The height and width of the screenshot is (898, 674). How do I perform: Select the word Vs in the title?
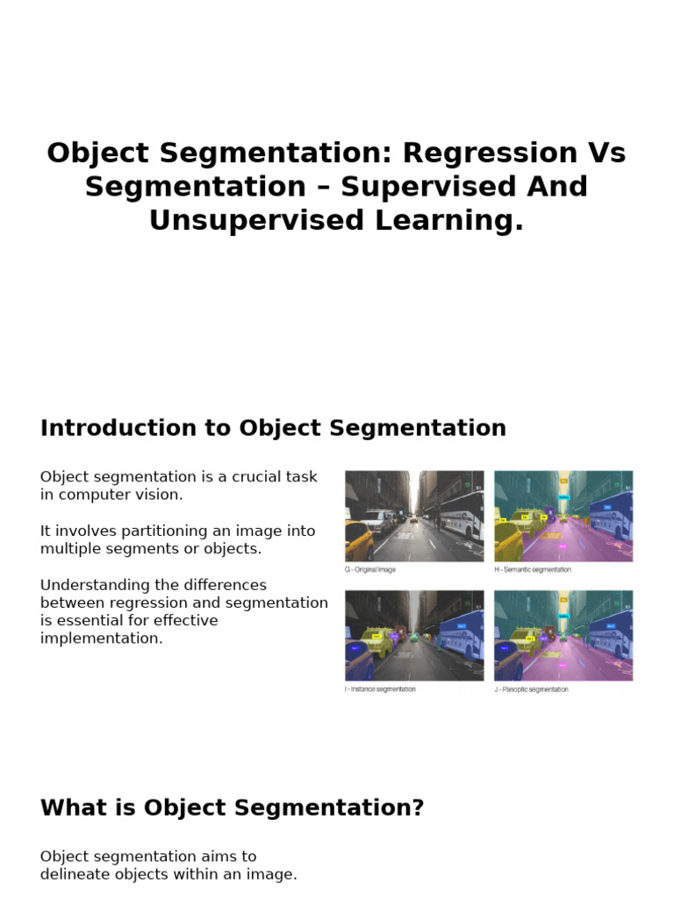pos(606,153)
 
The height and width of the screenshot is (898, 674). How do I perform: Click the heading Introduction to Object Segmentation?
pos(273,428)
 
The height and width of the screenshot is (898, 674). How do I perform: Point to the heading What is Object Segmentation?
pos(232,808)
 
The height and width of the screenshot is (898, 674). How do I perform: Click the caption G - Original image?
pos(369,570)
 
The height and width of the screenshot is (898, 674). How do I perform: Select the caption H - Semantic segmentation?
pos(533,570)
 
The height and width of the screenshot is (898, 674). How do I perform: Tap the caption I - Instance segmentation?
pos(380,689)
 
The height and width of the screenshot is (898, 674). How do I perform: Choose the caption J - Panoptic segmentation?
pos(531,689)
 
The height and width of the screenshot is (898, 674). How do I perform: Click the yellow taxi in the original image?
pos(358,536)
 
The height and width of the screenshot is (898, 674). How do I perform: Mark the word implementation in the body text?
pos(102,638)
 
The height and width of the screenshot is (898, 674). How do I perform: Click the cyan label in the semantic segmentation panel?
pos(563,496)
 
